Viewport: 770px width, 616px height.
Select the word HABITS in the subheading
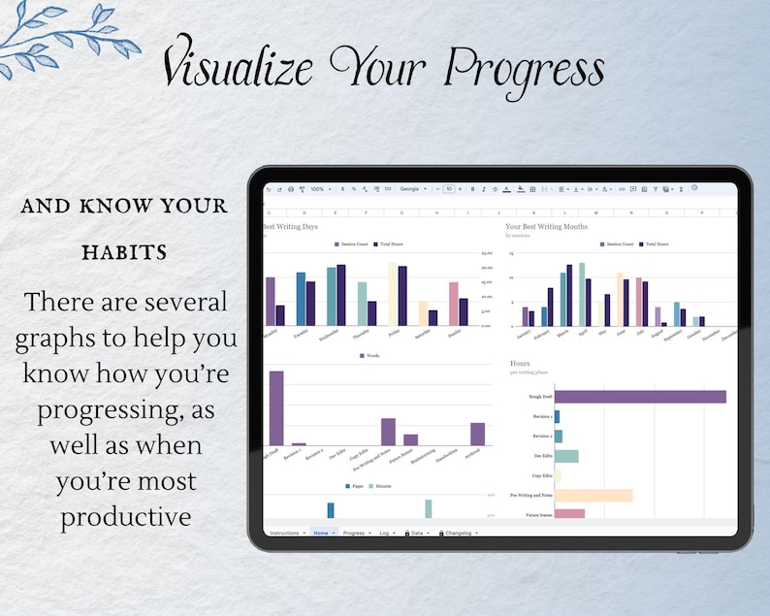pyautogui.click(x=123, y=252)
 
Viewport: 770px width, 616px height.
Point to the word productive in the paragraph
pyautogui.click(x=126, y=516)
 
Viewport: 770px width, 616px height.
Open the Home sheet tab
pyautogui.click(x=322, y=533)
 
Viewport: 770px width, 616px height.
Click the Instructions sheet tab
pyautogui.click(x=285, y=533)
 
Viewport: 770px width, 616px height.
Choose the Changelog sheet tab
pyautogui.click(x=458, y=533)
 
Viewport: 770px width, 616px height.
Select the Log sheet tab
pyautogui.click(x=385, y=533)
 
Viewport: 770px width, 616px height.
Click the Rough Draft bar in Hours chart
pyautogui.click(x=640, y=396)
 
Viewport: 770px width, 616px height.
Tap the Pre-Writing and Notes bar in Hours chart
pyautogui.click(x=593, y=495)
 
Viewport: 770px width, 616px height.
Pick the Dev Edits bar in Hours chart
pyautogui.click(x=566, y=456)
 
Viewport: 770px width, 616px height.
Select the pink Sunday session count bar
pyautogui.click(x=453, y=304)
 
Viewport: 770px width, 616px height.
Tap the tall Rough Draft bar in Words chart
pyautogui.click(x=276, y=407)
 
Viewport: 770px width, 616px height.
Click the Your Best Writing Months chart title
pyautogui.click(x=546, y=226)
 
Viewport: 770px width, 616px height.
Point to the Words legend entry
pyautogui.click(x=369, y=356)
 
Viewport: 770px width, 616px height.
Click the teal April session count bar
pyautogui.click(x=582, y=294)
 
